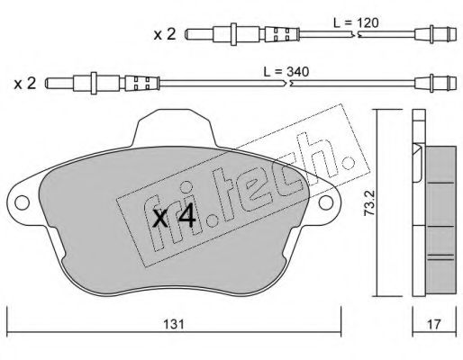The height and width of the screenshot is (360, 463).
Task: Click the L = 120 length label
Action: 356,23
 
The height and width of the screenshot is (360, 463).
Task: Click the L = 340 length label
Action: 286,72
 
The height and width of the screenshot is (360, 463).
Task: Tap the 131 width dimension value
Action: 174,324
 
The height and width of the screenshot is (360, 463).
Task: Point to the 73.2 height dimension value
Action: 369,202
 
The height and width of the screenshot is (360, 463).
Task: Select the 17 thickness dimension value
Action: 434,324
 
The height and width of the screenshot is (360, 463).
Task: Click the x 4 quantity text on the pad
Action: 174,218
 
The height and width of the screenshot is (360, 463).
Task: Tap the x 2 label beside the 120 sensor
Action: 165,34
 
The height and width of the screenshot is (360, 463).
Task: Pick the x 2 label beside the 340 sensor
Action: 25,83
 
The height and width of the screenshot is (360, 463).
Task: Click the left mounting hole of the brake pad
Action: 22,202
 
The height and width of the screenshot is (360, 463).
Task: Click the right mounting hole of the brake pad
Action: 326,202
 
